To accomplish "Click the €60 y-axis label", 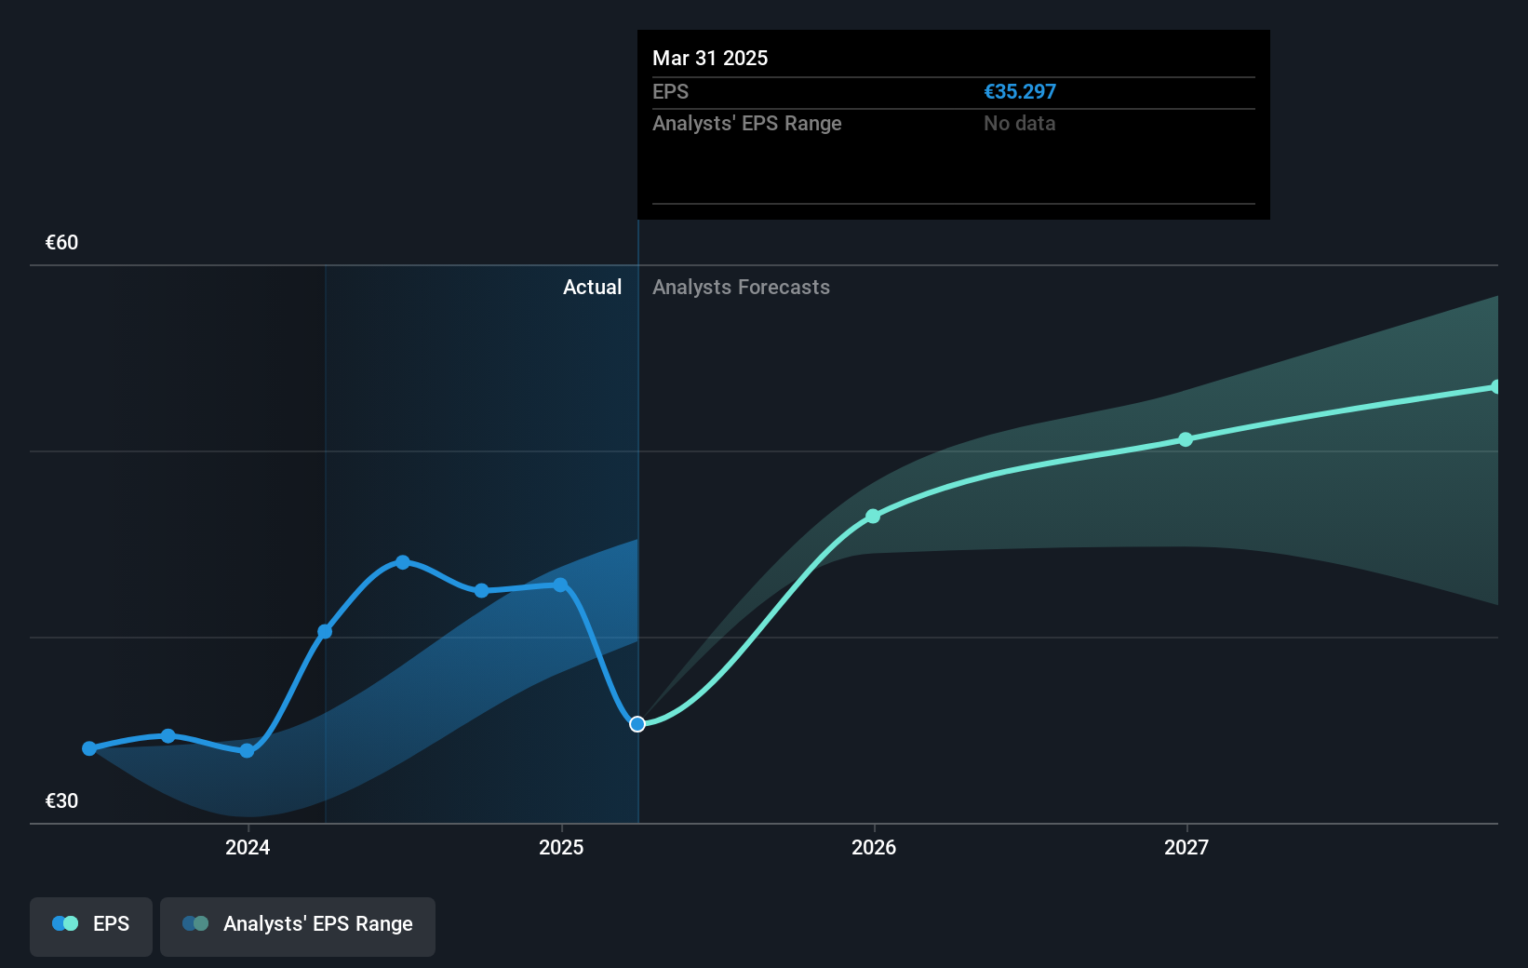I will pyautogui.click(x=61, y=243).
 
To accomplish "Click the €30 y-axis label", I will pyautogui.click(x=61, y=801).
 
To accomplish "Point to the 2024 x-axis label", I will pyautogui.click(x=248, y=847).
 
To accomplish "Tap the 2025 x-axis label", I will pyautogui.click(x=561, y=847).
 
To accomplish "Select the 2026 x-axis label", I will pyautogui.click(x=874, y=847).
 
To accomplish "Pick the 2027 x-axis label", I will pyautogui.click(x=1186, y=847).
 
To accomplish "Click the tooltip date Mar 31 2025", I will pyautogui.click(x=710, y=59).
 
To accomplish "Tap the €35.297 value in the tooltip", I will pyautogui.click(x=1020, y=92).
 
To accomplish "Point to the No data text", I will pyautogui.click(x=1019, y=124).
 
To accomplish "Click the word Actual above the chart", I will pyautogui.click(x=592, y=288).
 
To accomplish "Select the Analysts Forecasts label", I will pyautogui.click(x=741, y=288).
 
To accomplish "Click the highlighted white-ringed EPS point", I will pyautogui.click(x=637, y=724).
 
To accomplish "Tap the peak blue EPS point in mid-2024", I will pyautogui.click(x=403, y=562).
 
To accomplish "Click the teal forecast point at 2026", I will pyautogui.click(x=873, y=517).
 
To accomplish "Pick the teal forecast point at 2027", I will pyautogui.click(x=1186, y=439).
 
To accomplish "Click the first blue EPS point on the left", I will pyautogui.click(x=89, y=748).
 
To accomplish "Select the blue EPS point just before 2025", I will pyautogui.click(x=560, y=585).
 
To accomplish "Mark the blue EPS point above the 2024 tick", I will pyautogui.click(x=247, y=750).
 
